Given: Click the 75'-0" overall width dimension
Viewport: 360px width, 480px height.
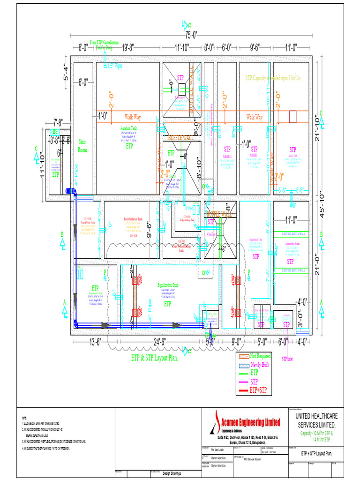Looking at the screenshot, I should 191,35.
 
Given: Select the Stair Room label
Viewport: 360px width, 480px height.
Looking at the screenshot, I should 82,145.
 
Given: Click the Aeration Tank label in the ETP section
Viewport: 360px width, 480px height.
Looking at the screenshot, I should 128,128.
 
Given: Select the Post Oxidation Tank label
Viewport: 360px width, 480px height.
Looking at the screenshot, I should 133,219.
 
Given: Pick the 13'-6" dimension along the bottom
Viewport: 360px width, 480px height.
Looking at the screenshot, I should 95,341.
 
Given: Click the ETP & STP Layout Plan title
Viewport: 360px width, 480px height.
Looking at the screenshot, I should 154,358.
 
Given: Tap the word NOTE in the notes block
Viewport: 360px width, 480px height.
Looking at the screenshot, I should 24,418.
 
